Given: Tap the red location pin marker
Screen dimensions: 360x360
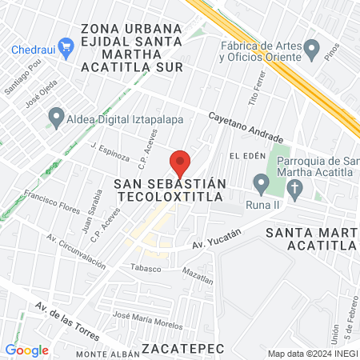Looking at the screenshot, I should coord(181,163).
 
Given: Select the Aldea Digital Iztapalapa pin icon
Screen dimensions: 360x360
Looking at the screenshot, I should coord(56,118).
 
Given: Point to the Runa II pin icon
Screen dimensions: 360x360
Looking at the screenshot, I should coord(261,184).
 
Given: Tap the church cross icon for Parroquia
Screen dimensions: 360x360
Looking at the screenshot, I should coord(295,190).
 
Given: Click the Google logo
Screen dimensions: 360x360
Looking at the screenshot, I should coord(26,350).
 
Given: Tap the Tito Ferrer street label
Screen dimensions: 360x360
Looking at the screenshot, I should coord(256,95).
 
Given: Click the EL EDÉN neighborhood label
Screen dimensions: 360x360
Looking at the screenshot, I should coord(246,154).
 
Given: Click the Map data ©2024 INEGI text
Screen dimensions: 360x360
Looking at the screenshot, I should coord(311,353).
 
